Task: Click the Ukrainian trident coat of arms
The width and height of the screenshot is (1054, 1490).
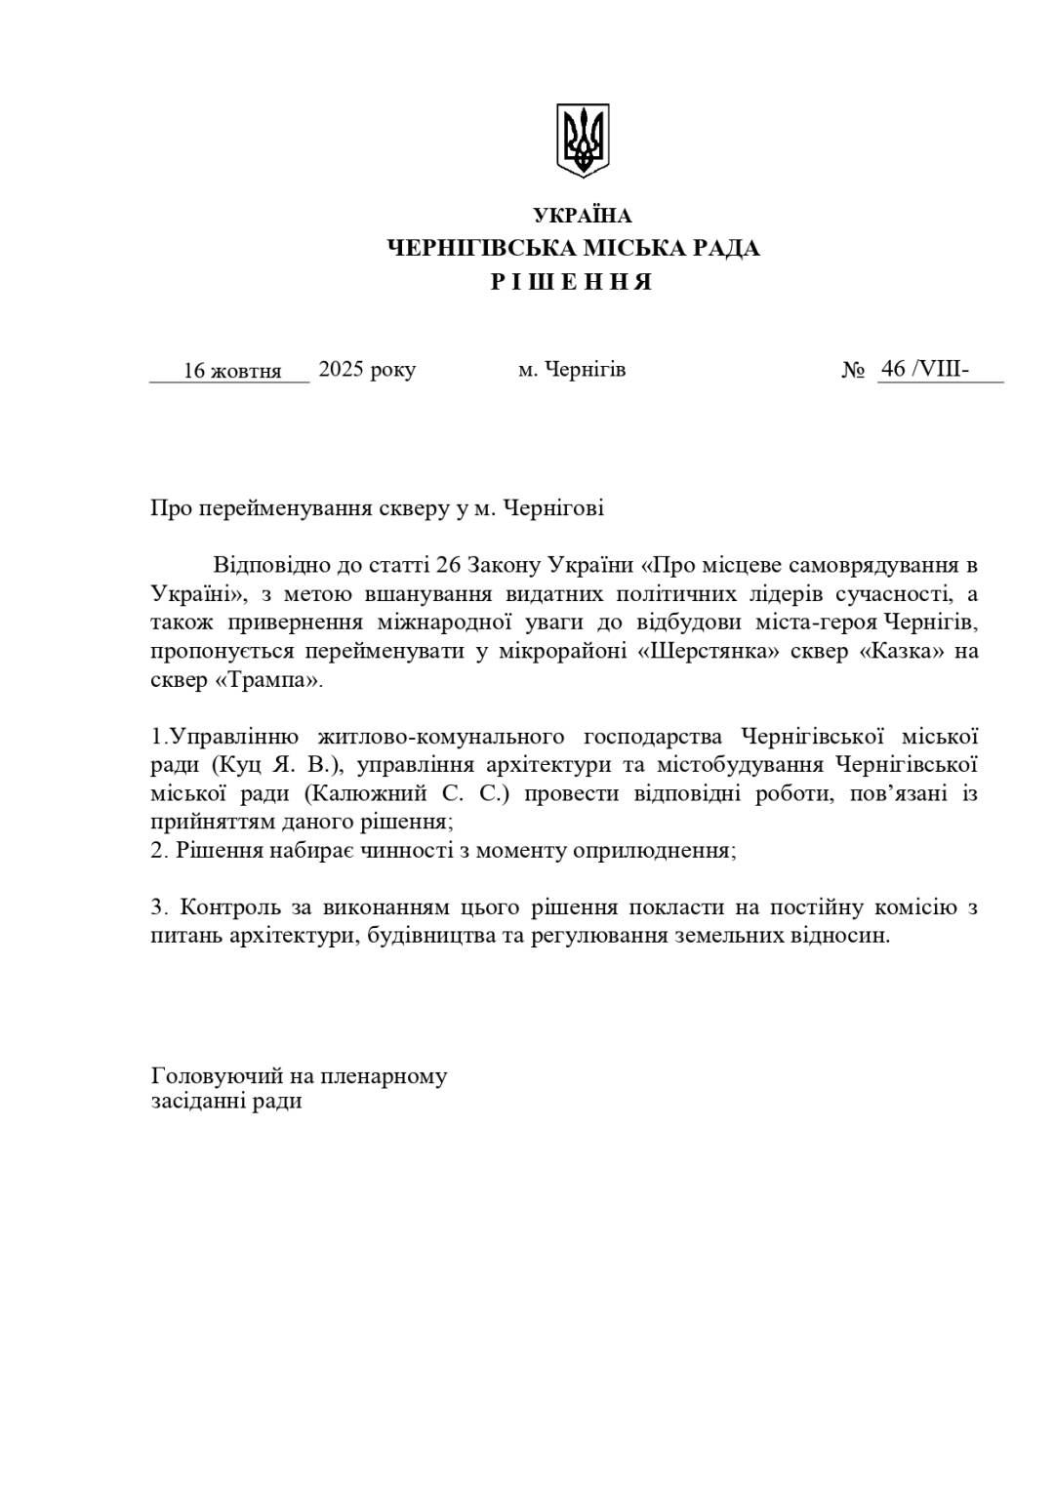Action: pyautogui.click(x=583, y=140)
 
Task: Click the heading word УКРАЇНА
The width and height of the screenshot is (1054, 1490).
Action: pyautogui.click(x=583, y=216)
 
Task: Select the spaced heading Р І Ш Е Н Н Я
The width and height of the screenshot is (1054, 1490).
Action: pyautogui.click(x=571, y=283)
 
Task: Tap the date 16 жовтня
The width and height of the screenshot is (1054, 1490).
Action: pyautogui.click(x=232, y=371)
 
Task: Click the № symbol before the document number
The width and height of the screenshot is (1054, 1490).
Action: pyautogui.click(x=853, y=371)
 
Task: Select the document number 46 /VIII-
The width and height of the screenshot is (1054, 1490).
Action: pyautogui.click(x=923, y=369)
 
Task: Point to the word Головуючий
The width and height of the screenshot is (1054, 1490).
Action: pyautogui.click(x=218, y=1076)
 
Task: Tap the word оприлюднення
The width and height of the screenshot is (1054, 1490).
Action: pyautogui.click(x=652, y=850)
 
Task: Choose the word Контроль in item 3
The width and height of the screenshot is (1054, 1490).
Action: pyautogui.click(x=229, y=907)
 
